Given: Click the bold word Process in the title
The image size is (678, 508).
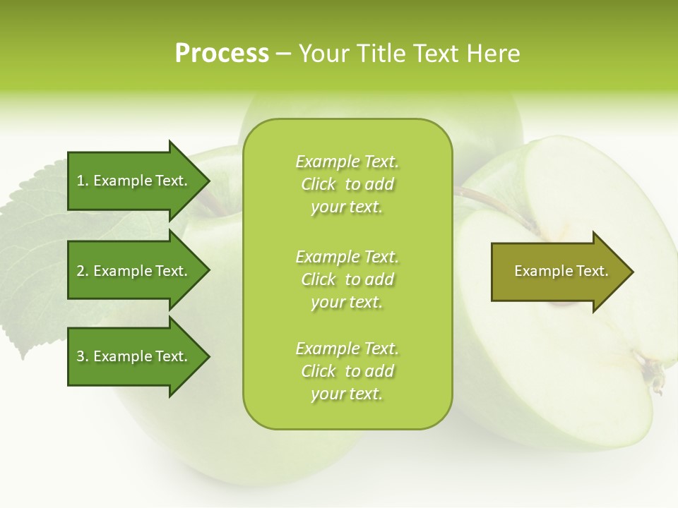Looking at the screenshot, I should [x=222, y=54].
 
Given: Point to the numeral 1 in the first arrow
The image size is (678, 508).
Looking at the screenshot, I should [x=80, y=181].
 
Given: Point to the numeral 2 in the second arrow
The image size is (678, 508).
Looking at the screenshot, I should [x=81, y=271].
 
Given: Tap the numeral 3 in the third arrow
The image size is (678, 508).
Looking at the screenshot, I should [x=81, y=356].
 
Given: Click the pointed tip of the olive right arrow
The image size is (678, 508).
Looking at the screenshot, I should [x=630, y=272].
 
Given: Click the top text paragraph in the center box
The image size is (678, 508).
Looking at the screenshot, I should [x=347, y=184].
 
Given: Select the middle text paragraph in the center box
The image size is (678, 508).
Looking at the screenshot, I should [x=347, y=279].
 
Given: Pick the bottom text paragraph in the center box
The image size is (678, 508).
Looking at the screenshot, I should [x=347, y=371].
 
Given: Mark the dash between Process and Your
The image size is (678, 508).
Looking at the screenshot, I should [x=284, y=54].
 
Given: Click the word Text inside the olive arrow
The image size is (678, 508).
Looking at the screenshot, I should [x=593, y=271].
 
